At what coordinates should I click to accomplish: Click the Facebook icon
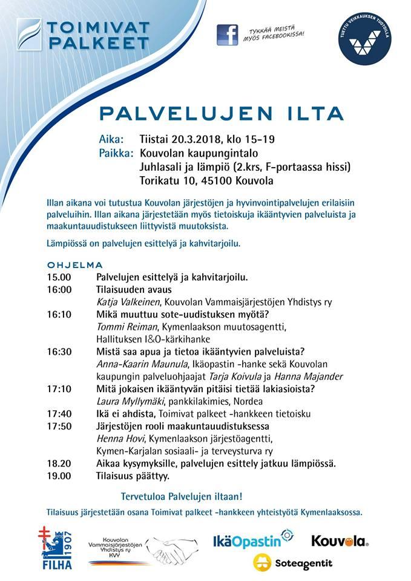[x=228, y=35]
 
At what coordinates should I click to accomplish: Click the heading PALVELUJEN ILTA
[x=222, y=113]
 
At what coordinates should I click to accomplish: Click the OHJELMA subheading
[x=75, y=265]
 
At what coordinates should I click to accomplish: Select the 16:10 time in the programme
[x=59, y=314]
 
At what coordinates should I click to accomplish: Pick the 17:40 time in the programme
[x=59, y=414]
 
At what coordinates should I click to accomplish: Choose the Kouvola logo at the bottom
[x=340, y=540]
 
